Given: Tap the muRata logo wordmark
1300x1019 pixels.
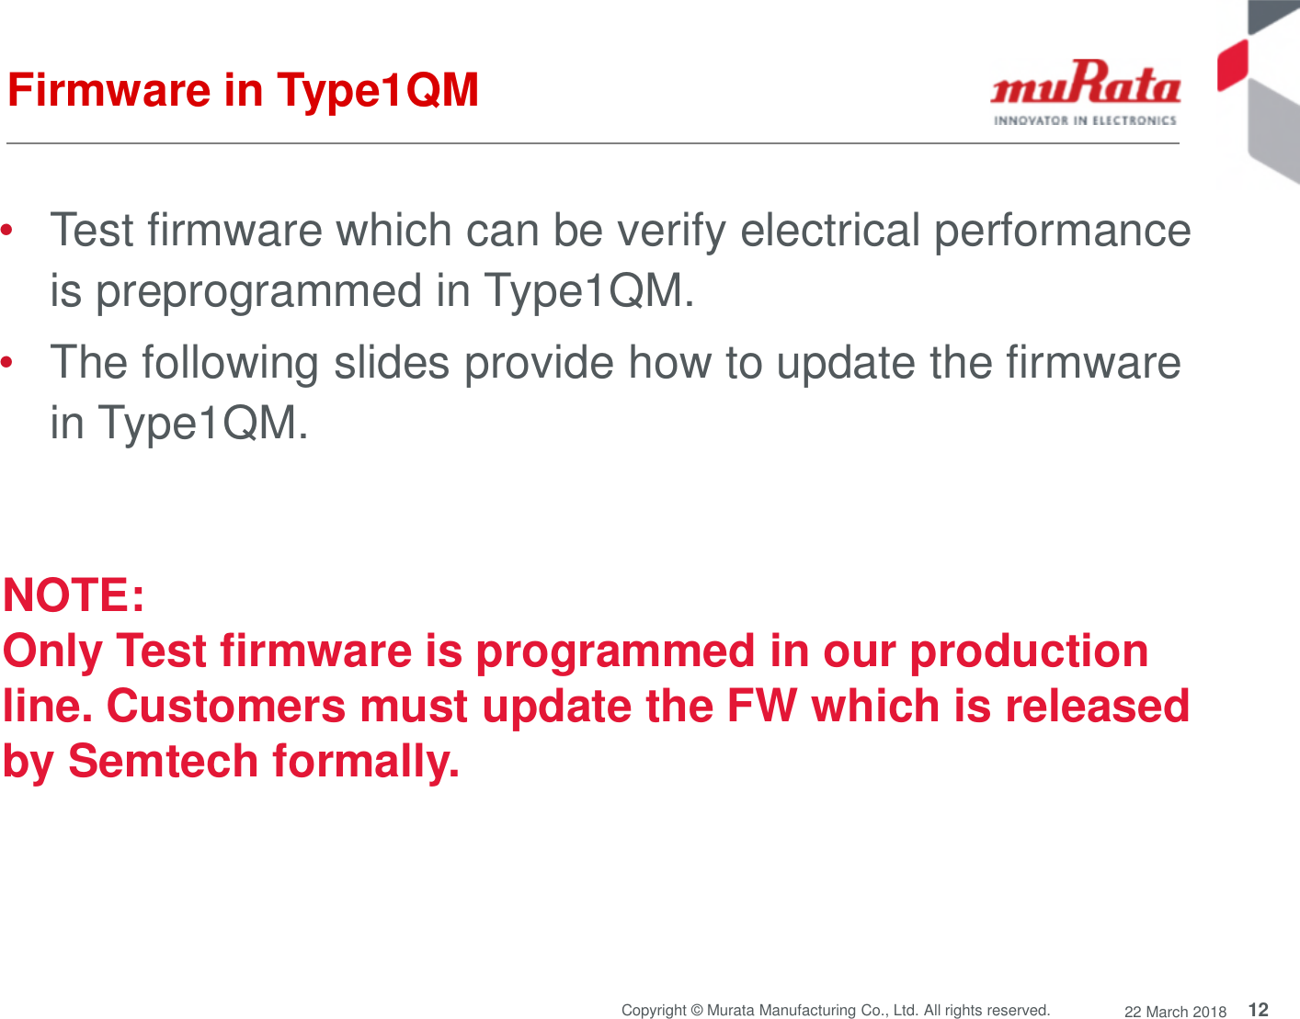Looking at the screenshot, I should pos(1085,85).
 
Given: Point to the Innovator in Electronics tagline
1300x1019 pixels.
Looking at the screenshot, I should pos(1085,120).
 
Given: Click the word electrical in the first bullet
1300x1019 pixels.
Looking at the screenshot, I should pos(829,230).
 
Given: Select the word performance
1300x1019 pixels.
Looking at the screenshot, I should pos(1062,232).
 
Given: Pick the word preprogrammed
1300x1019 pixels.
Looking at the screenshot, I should pos(258,292).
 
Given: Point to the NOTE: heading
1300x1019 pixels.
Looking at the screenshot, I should pos(74,594).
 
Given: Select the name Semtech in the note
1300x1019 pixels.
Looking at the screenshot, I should pos(163,761).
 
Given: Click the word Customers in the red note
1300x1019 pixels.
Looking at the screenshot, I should pos(226,706).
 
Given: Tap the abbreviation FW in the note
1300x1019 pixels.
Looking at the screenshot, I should pos(761,706).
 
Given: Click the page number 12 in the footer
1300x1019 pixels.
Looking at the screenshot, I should pos(1258,1009).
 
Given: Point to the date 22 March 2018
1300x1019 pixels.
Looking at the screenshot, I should pos(1175,1012).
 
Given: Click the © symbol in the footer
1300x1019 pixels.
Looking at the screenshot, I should pos(696,1011).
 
